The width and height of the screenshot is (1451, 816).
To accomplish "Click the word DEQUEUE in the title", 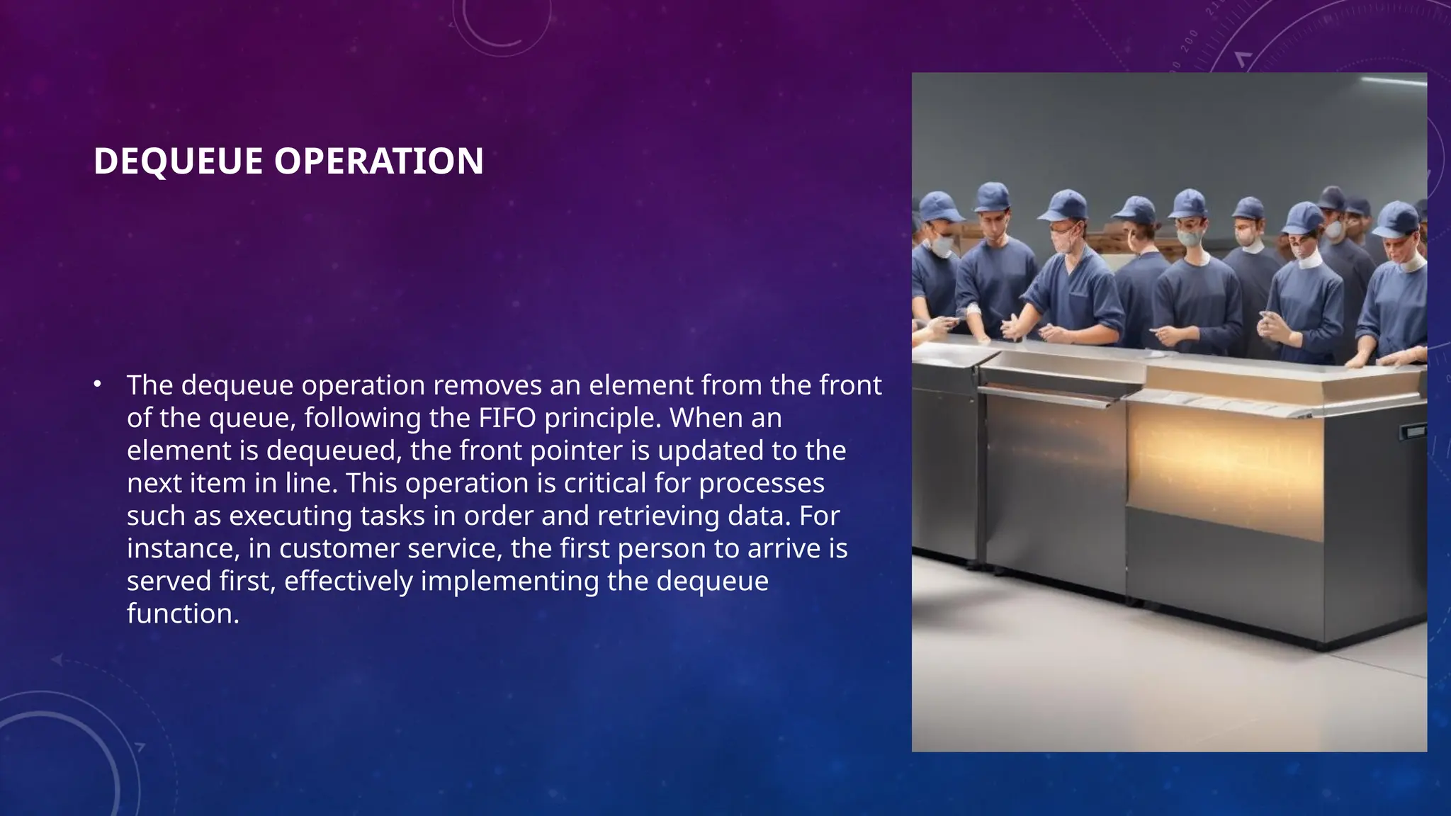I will (x=178, y=161).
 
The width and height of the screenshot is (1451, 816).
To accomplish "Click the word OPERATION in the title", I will (x=379, y=161).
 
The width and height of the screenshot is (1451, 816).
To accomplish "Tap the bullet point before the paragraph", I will (x=98, y=385).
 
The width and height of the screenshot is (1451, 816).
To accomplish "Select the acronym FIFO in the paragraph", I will (x=507, y=418).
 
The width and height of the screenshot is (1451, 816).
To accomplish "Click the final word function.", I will (x=183, y=613).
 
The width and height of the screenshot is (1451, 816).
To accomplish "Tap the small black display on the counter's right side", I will (x=1415, y=431).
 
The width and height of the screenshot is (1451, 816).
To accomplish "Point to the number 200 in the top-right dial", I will (x=1190, y=40).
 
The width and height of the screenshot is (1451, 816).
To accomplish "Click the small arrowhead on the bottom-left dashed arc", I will (x=57, y=660).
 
